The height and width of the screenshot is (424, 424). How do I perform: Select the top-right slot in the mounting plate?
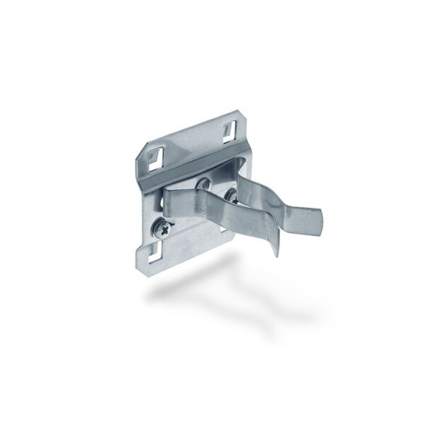[x=229, y=129]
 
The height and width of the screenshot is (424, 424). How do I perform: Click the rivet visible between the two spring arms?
[x=230, y=195]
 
